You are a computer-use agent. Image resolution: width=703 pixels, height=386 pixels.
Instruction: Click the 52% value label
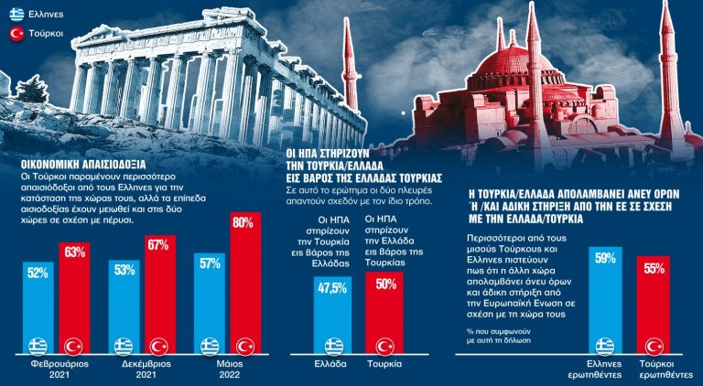(38, 273)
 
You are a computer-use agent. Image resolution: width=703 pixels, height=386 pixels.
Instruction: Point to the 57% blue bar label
(210, 264)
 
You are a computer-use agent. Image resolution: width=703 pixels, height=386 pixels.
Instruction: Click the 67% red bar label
(159, 244)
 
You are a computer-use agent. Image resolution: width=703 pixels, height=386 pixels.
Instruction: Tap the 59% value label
(604, 258)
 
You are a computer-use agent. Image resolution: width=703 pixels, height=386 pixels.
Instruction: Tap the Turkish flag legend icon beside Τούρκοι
(16, 34)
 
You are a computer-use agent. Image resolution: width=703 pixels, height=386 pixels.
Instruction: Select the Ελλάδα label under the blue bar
(328, 363)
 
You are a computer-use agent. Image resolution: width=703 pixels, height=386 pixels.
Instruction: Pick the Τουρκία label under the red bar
(384, 363)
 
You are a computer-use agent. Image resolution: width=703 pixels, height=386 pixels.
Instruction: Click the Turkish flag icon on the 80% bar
(244, 347)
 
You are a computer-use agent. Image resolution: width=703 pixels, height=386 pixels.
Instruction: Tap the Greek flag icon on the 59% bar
(604, 346)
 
